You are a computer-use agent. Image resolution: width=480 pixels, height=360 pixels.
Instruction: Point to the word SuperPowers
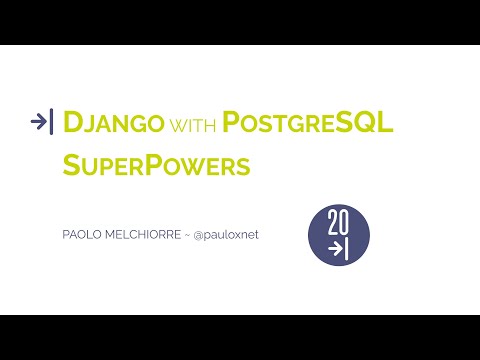155,165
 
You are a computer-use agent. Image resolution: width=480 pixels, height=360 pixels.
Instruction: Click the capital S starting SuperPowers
71,165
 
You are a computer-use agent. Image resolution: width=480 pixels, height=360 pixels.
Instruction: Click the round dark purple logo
338,236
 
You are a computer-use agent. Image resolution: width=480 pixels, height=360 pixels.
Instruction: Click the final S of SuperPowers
243,166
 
